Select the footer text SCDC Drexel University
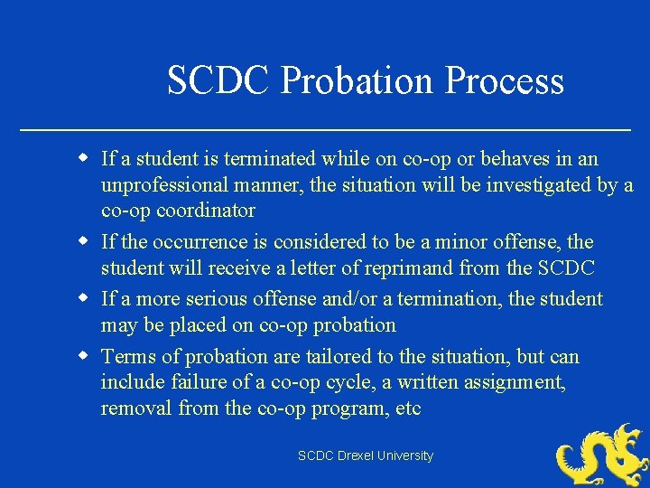coord(366,455)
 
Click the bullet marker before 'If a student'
coord(82,158)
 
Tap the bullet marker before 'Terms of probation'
coord(82,355)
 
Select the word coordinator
coord(206,211)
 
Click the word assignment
coord(515,382)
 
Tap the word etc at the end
coord(409,408)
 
